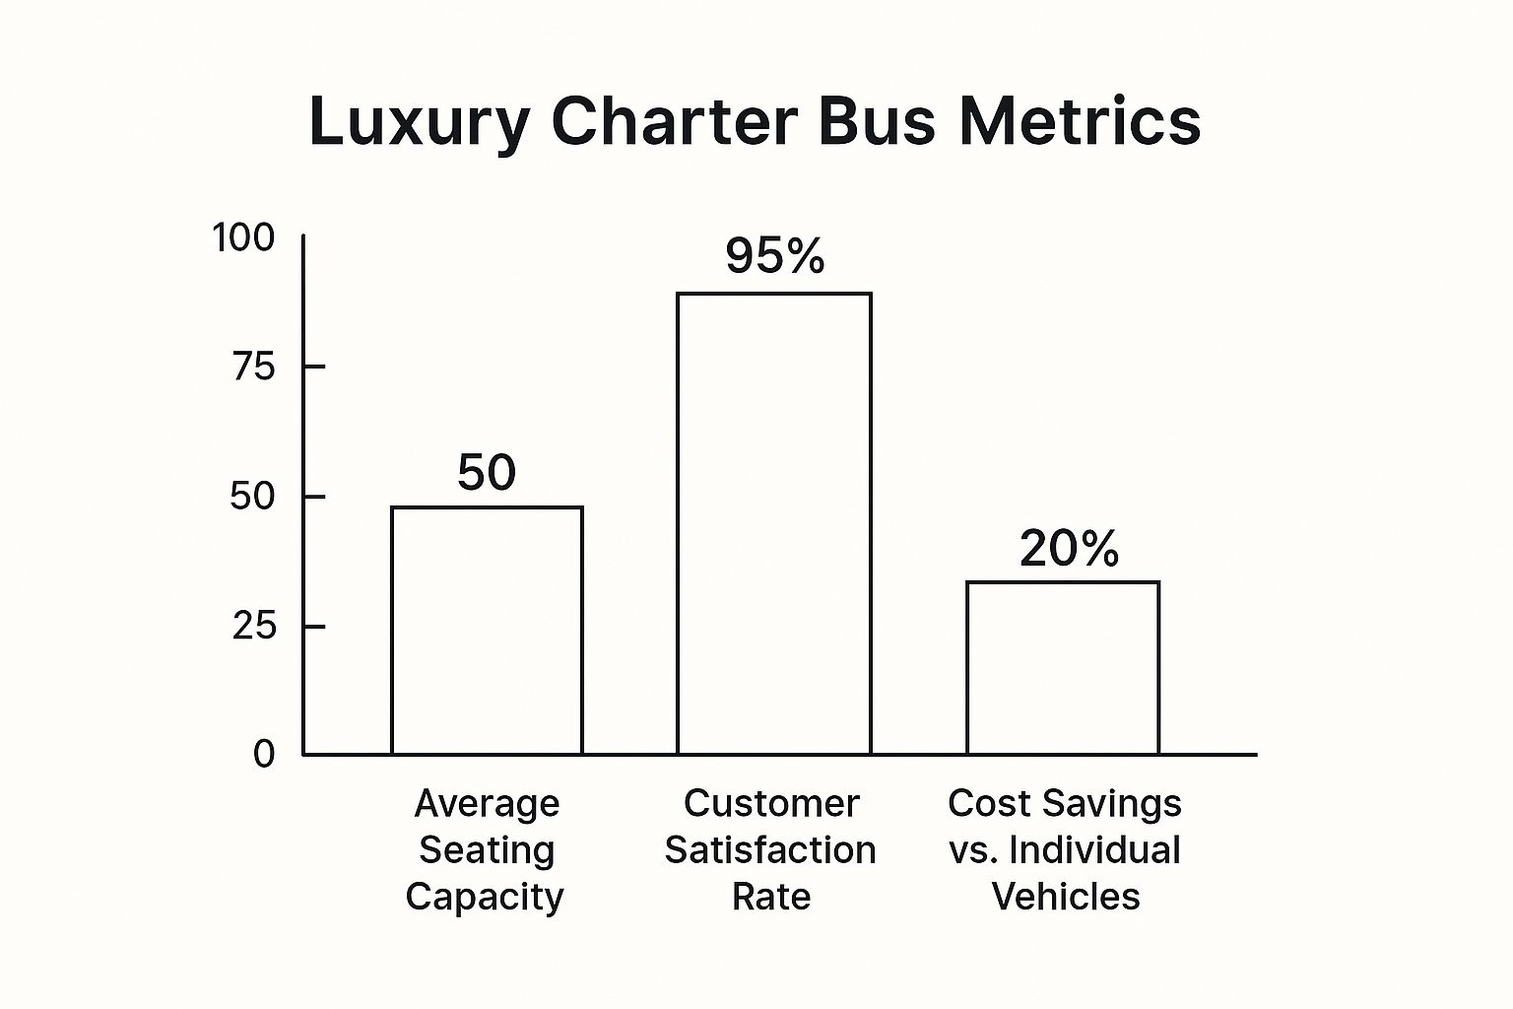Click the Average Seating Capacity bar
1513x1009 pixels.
pos(487,631)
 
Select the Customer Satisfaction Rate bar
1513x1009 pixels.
pos(773,523)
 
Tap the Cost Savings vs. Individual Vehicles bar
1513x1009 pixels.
pos(1063,668)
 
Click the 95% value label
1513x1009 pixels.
pos(775,256)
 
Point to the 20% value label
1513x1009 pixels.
pos(1069,549)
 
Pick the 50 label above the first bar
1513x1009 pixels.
pos(487,473)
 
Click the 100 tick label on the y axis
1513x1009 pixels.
pos(244,237)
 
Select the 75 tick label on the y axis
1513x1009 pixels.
pos(253,368)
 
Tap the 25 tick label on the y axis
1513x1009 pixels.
pos(253,626)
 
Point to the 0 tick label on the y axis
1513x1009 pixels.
pos(264,755)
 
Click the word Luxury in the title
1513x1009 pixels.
pos(419,122)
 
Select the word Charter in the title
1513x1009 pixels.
pos(674,122)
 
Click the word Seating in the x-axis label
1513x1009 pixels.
pos(487,850)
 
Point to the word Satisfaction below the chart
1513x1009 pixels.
pos(770,850)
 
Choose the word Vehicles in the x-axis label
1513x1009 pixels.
pos(1066,897)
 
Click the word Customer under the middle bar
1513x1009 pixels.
pos(771,804)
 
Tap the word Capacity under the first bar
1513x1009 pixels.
pos(485,898)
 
